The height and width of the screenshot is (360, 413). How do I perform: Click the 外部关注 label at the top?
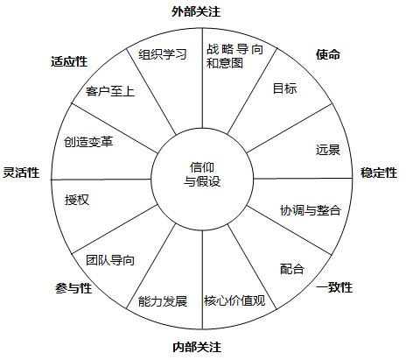196,11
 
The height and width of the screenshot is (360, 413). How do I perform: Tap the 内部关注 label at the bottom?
197,347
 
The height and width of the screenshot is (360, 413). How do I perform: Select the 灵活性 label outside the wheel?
21,173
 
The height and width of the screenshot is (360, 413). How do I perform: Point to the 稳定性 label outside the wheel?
379,173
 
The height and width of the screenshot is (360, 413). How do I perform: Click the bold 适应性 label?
69,61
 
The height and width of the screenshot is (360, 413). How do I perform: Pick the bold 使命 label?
328,54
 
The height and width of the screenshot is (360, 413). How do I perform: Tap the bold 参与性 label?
73,288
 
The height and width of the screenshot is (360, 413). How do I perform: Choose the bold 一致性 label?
334,287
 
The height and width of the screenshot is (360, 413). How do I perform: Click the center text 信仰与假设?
202,174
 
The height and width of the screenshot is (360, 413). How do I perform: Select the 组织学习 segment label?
163,54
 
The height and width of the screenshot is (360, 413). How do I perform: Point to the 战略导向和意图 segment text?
234,56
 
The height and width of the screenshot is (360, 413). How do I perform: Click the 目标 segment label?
285,88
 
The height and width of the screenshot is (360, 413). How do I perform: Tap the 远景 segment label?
328,150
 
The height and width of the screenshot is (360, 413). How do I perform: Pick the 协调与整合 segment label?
311,210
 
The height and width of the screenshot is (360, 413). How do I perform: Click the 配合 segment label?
292,269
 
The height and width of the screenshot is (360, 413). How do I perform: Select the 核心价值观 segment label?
234,300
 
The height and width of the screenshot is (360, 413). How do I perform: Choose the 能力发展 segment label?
163,301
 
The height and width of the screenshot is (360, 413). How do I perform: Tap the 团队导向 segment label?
110,260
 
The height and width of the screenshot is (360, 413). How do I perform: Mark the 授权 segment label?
77,200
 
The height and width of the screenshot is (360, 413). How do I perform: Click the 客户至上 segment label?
110,91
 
